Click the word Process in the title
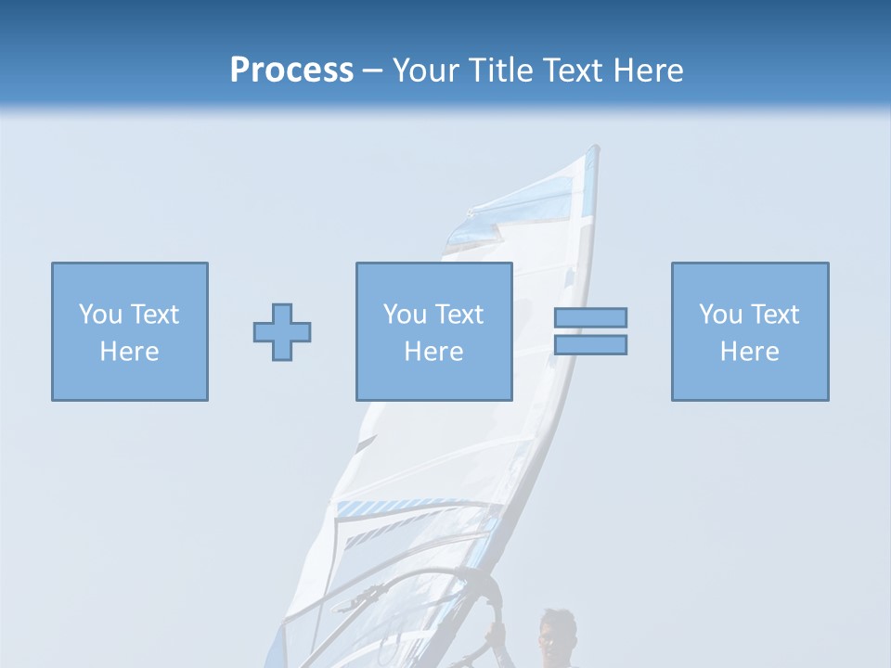click(x=291, y=71)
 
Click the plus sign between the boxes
click(x=282, y=332)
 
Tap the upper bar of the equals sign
click(x=590, y=317)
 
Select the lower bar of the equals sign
click(x=590, y=344)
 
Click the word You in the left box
click(x=100, y=315)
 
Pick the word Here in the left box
click(x=130, y=352)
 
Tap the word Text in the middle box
click(x=459, y=315)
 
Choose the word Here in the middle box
click(x=434, y=352)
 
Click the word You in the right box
click(x=720, y=315)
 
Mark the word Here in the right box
click(x=750, y=352)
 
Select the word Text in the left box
click(x=155, y=315)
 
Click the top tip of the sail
click(x=594, y=148)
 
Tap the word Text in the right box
click(x=775, y=315)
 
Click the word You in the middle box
click(x=405, y=315)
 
